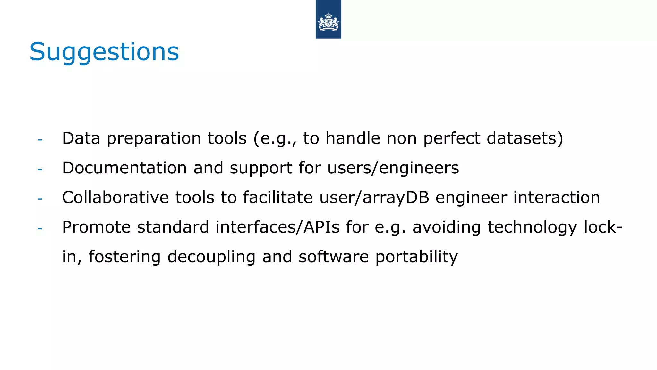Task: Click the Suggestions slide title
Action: pyautogui.click(x=104, y=52)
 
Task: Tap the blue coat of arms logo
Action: pyautogui.click(x=328, y=19)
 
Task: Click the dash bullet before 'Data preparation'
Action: pyautogui.click(x=40, y=140)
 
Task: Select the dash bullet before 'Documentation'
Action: pyautogui.click(x=40, y=169)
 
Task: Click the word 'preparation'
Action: pyautogui.click(x=154, y=139)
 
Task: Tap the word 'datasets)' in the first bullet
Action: pyautogui.click(x=525, y=138)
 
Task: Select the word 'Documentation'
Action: pyautogui.click(x=124, y=168)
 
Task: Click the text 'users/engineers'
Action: pyautogui.click(x=393, y=168)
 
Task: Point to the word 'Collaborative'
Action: pyautogui.click(x=115, y=197)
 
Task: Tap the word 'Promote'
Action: pyautogui.click(x=96, y=227)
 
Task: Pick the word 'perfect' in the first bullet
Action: pyautogui.click(x=452, y=139)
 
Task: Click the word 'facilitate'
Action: pyautogui.click(x=277, y=197)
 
